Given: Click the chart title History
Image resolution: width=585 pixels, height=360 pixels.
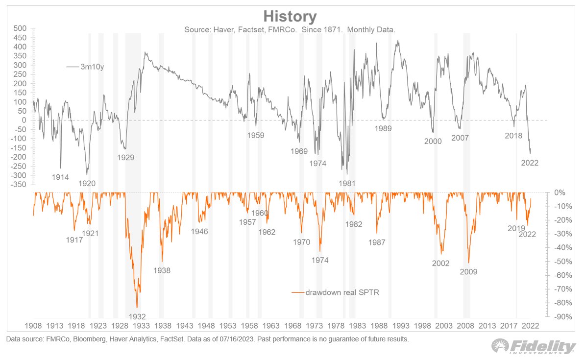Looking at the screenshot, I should coord(290,17).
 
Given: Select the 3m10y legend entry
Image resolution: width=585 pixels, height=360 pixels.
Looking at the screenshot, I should coord(92,67).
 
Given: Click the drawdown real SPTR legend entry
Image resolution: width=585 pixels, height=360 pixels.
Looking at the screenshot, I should coord(342,292).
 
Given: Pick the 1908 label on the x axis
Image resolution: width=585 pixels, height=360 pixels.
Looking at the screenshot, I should coord(33,326).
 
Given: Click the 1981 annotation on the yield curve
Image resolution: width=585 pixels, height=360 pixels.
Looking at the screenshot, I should coord(347,183).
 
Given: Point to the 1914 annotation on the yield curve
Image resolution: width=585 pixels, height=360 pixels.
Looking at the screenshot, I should coord(60,177).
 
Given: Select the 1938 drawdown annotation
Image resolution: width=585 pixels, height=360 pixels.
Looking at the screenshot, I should coord(162,270).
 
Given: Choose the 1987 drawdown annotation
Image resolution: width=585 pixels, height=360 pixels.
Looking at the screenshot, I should coord(376,242).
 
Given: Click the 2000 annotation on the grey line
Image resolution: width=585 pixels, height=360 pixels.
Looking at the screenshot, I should coord(433,142).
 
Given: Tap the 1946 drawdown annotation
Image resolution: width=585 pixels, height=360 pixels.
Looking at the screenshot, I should coord(199,231).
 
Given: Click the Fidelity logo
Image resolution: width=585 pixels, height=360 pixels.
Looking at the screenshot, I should coord(534,347).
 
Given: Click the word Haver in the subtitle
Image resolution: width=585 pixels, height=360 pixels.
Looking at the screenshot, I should coord(223,30).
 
